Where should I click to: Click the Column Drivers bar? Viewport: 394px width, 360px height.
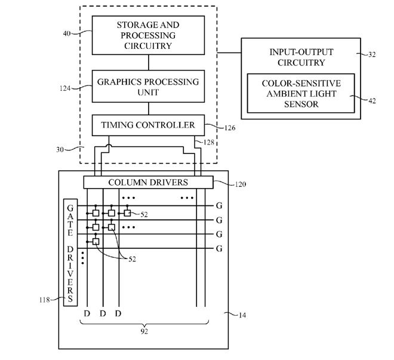coord(147,181)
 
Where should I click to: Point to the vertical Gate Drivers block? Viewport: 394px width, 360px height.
coord(71,251)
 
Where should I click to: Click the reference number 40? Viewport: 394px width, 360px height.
coord(67,34)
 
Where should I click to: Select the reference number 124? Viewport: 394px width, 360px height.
coord(65,88)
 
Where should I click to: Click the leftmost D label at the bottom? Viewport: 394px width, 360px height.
coord(87,313)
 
